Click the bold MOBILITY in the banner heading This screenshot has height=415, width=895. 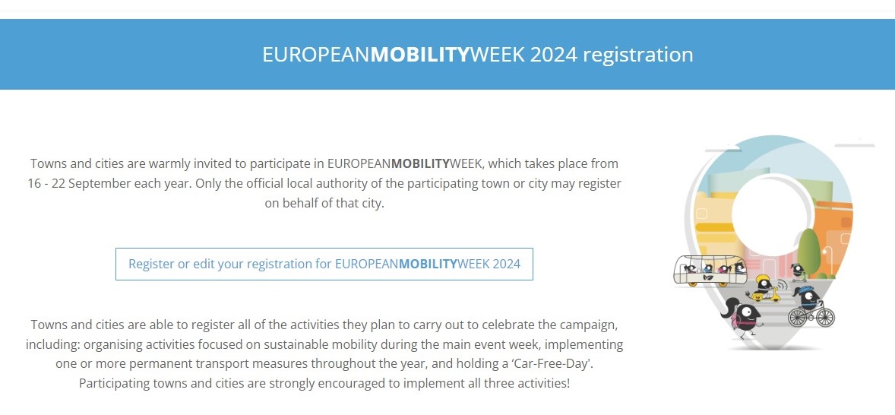[x=419, y=55]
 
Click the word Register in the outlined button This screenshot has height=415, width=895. [x=150, y=265]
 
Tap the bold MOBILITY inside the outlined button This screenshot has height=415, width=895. [x=428, y=265]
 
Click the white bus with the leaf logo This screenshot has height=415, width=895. [x=710, y=271]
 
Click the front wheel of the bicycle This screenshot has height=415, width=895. [x=825, y=317]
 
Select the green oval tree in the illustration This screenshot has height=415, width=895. [x=809, y=252]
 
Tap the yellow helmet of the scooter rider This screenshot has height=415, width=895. [x=763, y=279]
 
